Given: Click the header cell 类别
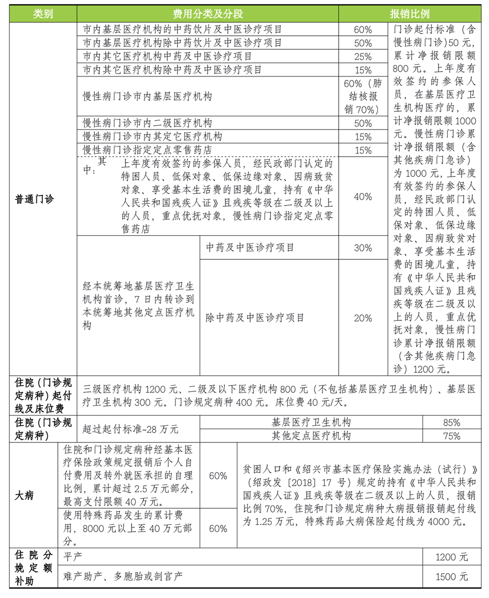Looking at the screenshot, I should point(43,14).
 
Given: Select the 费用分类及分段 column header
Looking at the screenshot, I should point(208,14).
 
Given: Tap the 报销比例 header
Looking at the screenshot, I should point(409,14).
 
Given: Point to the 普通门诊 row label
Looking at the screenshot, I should point(34,199).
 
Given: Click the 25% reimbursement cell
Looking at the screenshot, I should point(363,56).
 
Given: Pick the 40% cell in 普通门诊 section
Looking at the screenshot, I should point(363,196).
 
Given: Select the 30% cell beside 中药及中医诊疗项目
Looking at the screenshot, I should point(363,248).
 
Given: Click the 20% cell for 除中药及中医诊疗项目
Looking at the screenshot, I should point(363,318).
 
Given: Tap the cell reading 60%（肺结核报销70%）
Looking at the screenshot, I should point(363,96).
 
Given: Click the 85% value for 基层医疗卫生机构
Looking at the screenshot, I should point(451,422).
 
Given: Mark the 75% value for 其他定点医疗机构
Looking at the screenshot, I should point(451,436).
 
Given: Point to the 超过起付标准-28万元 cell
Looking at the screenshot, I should point(131,429).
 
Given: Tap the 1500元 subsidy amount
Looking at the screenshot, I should point(451,576).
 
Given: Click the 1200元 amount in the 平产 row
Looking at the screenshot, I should point(451,557).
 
